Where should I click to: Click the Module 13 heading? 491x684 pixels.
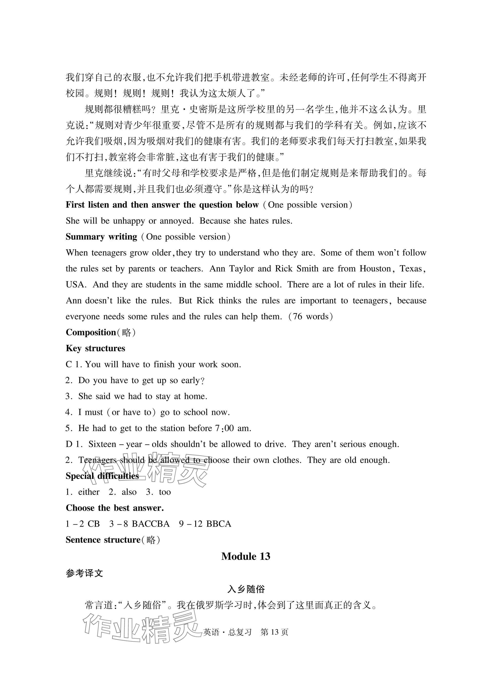point(245,556)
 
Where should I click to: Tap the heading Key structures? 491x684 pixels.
point(95,348)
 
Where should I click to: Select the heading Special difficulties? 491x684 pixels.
point(102,476)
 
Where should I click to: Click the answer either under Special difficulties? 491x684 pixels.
point(89,492)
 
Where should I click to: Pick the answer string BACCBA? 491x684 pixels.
point(151,524)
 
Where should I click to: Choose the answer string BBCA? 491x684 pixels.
point(219,524)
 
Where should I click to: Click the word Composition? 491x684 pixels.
point(91,332)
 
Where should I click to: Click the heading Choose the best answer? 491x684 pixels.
point(115,508)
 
